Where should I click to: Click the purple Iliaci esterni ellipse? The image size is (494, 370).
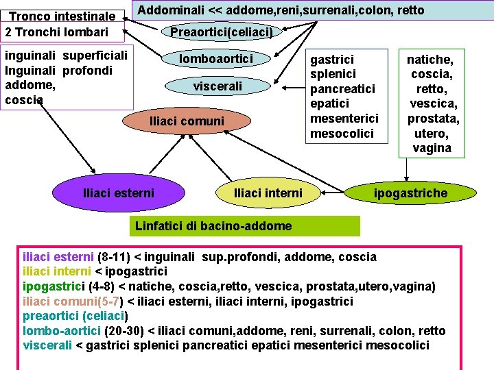(118, 193)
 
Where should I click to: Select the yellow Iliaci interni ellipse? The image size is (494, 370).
(268, 193)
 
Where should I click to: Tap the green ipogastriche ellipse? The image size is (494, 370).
(410, 193)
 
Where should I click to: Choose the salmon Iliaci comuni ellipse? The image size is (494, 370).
(187, 121)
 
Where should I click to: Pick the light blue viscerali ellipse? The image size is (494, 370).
(217, 86)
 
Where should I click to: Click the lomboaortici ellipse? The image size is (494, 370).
(216, 59)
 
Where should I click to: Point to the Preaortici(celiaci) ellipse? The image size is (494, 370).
(222, 32)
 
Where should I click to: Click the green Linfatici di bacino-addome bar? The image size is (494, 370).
(244, 226)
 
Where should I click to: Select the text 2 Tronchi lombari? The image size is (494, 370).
(56, 32)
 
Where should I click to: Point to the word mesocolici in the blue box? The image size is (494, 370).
(342, 133)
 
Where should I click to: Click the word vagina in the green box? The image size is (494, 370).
(432, 148)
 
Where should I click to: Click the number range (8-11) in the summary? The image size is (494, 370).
(114, 257)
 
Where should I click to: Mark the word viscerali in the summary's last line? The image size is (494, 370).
(47, 345)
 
